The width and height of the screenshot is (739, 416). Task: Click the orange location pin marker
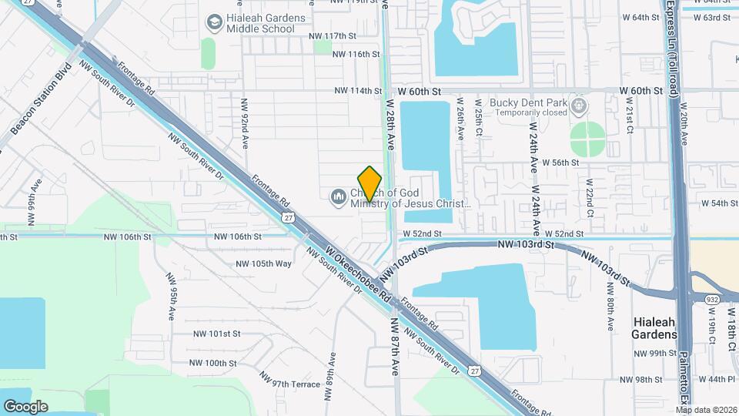tap(370, 183)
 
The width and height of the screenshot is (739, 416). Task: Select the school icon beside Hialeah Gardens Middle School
tap(210, 24)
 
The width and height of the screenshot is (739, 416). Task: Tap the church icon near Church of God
tap(337, 198)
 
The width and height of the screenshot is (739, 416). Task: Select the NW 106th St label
tap(238, 237)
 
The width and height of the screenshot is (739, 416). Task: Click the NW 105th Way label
tap(264, 263)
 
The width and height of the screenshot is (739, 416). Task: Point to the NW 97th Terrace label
tap(289, 380)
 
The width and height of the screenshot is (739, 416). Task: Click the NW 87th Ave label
tap(394, 347)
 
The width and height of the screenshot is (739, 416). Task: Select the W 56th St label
tap(560, 163)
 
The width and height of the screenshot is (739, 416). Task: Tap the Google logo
tap(25, 406)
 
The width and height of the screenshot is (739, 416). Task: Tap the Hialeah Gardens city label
tap(654, 327)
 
